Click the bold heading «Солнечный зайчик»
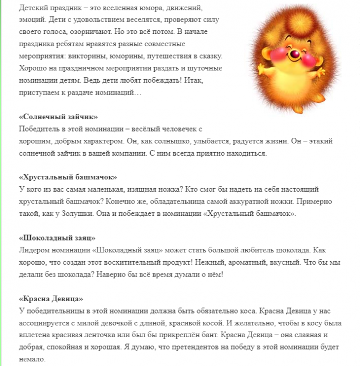58,117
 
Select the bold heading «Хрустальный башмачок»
67,177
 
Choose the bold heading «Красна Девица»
50,299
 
